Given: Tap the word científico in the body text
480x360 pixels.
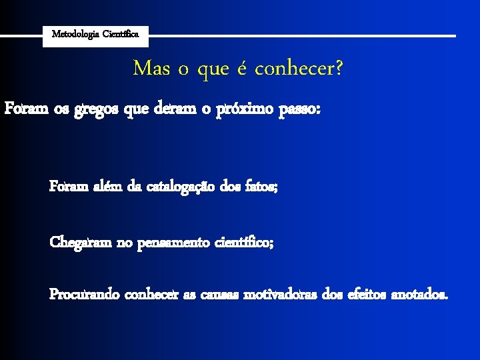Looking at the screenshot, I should coord(244,242).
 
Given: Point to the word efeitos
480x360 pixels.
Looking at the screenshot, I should coord(365,294).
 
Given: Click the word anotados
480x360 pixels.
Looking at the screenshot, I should coord(420,294).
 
